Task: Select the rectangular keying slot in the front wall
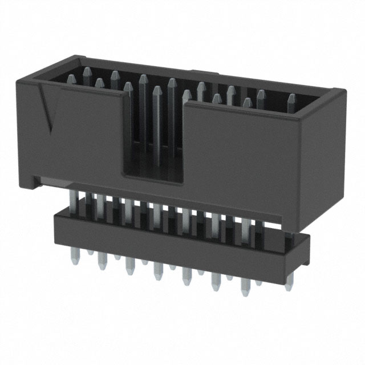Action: tap(155, 137)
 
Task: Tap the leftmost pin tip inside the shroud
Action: tap(71, 78)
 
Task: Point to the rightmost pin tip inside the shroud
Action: tap(291, 98)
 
